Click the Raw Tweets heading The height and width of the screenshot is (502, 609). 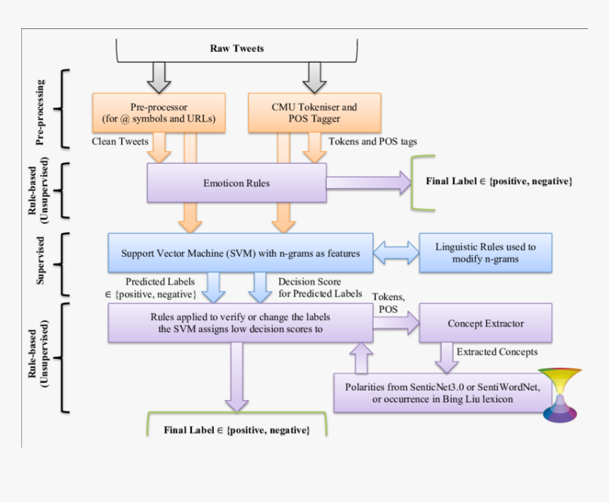(237, 48)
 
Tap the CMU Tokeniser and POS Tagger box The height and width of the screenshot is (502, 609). (314, 113)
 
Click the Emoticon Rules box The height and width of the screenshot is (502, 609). (237, 183)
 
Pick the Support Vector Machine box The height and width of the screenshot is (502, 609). (240, 253)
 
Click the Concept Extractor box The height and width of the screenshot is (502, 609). (486, 324)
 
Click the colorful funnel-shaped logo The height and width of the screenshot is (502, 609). (560, 395)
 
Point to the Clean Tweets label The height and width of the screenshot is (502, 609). (120, 141)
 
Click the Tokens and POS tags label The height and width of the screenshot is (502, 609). (372, 141)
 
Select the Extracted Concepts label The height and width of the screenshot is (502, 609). (497, 352)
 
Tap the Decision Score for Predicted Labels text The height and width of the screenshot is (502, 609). (320, 287)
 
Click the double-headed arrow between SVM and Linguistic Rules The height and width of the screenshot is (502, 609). (396, 253)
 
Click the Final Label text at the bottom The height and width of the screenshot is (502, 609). (237, 430)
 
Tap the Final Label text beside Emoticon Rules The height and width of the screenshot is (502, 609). (499, 181)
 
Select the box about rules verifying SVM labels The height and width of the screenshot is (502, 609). (240, 323)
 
